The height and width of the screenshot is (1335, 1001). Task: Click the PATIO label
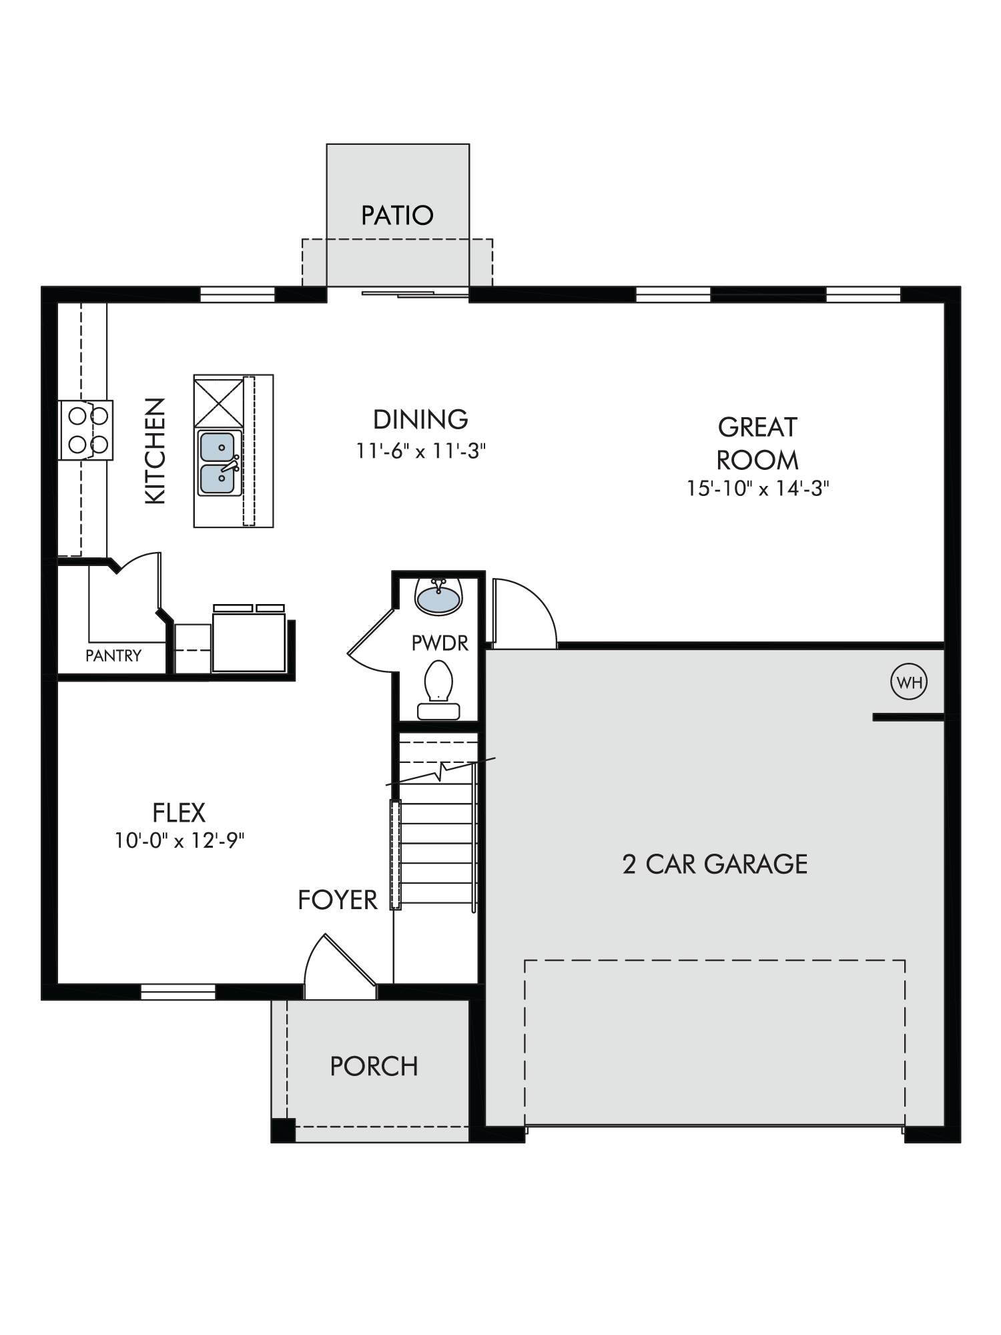[397, 216]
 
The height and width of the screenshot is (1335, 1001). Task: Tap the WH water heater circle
[909, 682]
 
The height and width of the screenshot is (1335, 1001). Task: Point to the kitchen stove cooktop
[86, 430]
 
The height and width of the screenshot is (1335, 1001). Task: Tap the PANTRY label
[113, 655]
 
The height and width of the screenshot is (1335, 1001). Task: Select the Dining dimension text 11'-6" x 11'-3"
[420, 451]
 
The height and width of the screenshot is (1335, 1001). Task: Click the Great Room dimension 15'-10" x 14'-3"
[758, 489]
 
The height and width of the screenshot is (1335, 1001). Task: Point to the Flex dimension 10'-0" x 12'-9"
[180, 840]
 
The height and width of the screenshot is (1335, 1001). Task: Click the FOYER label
[338, 900]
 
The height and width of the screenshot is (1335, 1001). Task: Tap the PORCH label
[374, 1067]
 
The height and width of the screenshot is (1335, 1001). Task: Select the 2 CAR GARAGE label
[715, 864]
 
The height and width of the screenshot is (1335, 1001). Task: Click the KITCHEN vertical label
[155, 451]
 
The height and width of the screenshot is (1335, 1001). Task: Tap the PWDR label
[440, 643]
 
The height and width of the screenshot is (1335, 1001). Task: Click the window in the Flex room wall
[178, 992]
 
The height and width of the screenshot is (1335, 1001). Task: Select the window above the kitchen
[238, 294]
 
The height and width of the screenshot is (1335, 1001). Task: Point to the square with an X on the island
[219, 402]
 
